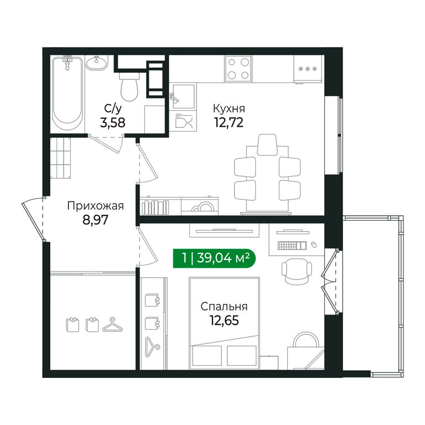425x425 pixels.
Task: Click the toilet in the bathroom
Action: coord(129,86)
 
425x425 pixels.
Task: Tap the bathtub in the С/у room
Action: coord(68,94)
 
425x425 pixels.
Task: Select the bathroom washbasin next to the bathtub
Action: coord(96,63)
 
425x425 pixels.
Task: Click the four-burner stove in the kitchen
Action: coord(239,69)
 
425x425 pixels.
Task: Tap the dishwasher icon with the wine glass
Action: coord(183,121)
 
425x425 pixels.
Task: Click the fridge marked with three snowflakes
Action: coord(308,69)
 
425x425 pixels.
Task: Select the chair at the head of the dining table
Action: coord(267,144)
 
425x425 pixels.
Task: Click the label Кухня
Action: coord(229,108)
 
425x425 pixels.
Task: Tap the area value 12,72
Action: coord(229,122)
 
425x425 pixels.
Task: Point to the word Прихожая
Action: coord(95,206)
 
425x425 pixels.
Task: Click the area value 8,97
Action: coord(95,220)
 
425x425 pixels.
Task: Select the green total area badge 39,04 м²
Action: coord(214,258)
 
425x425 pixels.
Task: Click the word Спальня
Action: coord(224,307)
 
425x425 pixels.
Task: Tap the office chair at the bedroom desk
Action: coord(297,272)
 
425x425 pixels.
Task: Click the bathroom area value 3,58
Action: coord(112,122)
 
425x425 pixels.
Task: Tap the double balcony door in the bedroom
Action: coord(330,281)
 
